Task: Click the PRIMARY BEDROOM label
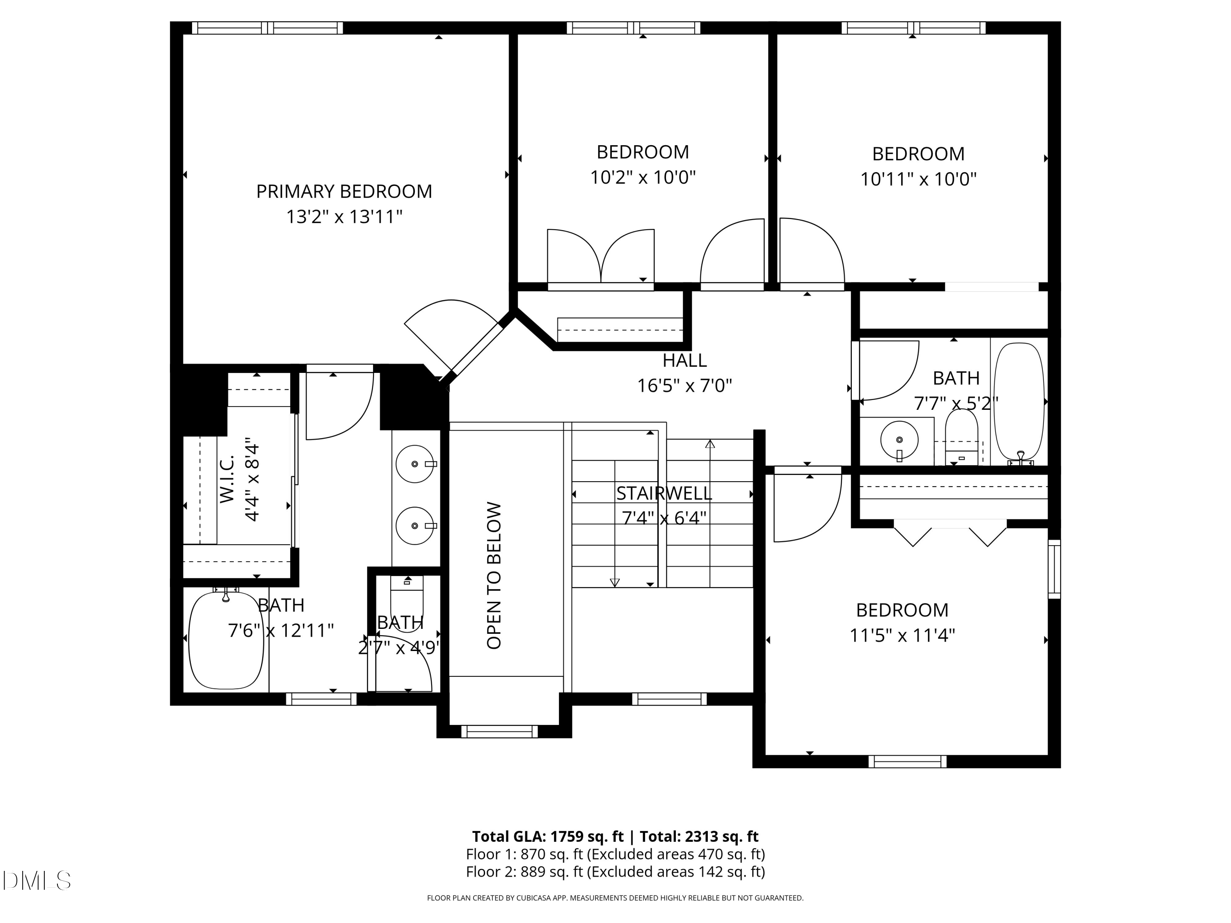click(x=344, y=192)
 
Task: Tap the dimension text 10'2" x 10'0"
click(x=643, y=178)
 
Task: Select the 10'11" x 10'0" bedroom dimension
click(x=918, y=179)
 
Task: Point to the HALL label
click(x=684, y=361)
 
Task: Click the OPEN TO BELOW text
click(x=494, y=576)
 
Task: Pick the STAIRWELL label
click(x=664, y=493)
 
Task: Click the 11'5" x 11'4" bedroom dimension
click(x=902, y=635)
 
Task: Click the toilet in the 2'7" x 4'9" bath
click(x=407, y=595)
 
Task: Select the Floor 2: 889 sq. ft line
click(x=615, y=871)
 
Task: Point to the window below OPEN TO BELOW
click(x=499, y=731)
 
